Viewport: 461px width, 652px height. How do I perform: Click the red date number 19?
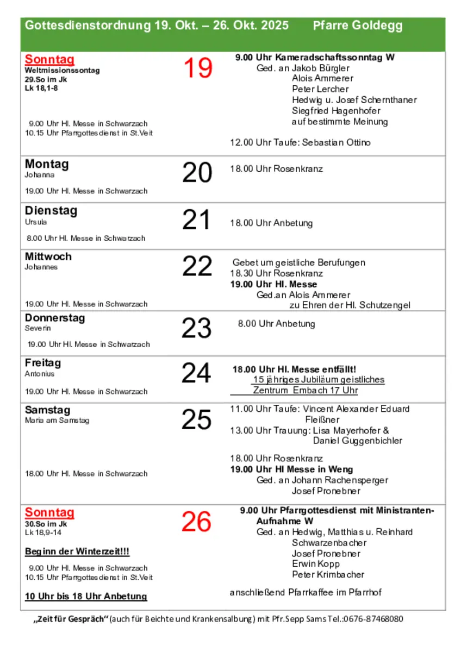tap(198, 68)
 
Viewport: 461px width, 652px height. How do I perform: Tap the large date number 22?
tap(197, 266)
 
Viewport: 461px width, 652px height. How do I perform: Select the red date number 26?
tap(196, 522)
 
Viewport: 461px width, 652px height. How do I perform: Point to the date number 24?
tap(196, 373)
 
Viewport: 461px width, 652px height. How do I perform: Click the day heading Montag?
tap(47, 164)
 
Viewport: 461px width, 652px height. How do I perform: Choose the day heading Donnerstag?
tap(55, 318)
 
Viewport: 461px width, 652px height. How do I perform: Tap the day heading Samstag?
tap(47, 410)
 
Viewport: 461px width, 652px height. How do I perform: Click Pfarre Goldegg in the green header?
tap(358, 26)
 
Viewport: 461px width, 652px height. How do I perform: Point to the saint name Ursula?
tap(36, 222)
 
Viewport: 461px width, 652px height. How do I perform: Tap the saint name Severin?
tap(38, 328)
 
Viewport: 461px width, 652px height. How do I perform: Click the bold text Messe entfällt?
tap(325, 369)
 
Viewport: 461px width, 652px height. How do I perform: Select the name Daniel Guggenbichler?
tap(358, 441)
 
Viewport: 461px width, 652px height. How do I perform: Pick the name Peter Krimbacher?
tap(328, 575)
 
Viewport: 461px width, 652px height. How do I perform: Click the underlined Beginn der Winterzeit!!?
tap(77, 551)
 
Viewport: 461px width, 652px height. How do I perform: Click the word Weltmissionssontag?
tap(62, 70)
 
